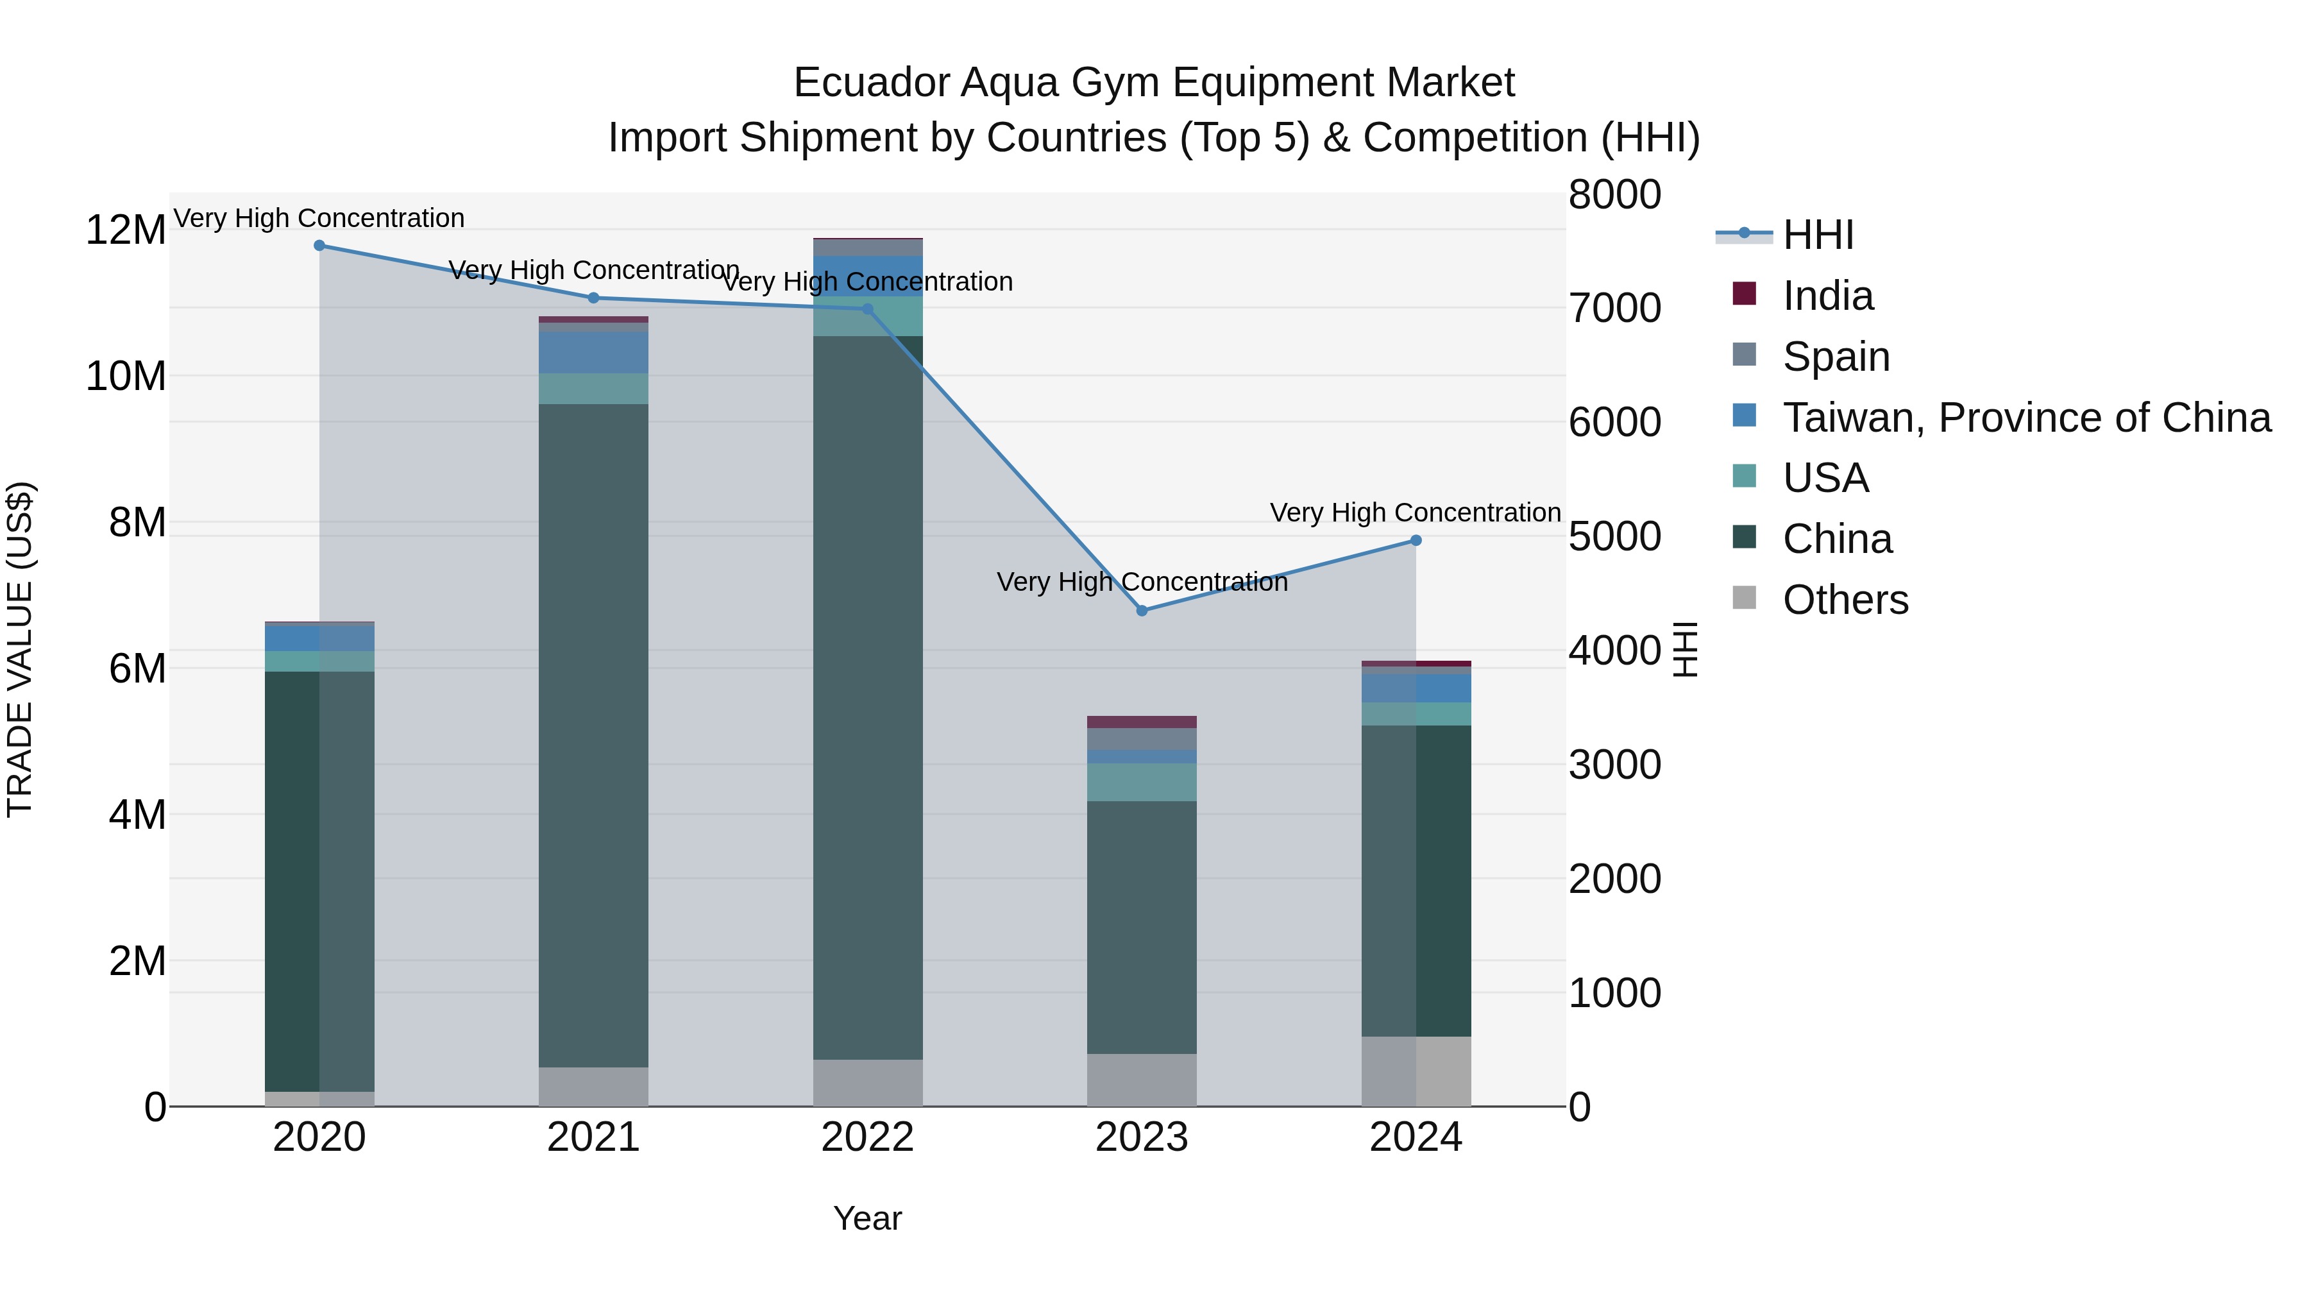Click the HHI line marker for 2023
[1141, 611]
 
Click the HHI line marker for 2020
[319, 246]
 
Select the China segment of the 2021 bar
[593, 735]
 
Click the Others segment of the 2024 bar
[1416, 1071]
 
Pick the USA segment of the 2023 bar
[1141, 783]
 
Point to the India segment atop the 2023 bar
[1141, 722]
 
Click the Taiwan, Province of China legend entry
[2026, 418]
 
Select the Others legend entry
[1845, 600]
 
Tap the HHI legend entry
[1817, 235]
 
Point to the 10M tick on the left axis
[126, 377]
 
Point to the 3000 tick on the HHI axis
[1614, 765]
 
